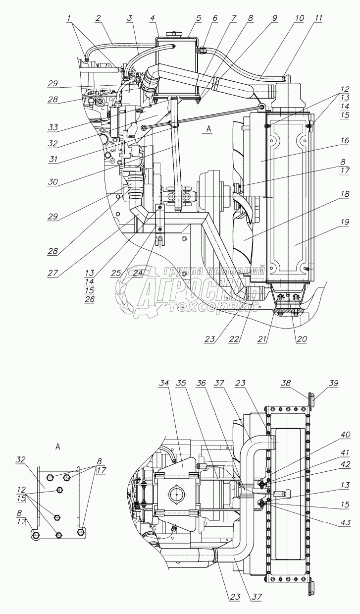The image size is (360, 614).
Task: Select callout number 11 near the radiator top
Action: click(x=318, y=18)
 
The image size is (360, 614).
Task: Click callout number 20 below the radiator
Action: click(x=302, y=339)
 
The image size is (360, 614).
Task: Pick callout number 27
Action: click(x=52, y=273)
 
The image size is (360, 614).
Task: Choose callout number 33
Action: click(x=52, y=127)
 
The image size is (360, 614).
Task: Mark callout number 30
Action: click(x=52, y=182)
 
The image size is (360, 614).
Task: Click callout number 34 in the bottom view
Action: click(x=164, y=383)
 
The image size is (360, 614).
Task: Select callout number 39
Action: click(x=334, y=383)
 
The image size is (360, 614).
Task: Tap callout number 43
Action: click(x=345, y=522)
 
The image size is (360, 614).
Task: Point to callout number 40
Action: click(x=345, y=435)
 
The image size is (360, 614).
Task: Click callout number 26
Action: click(x=89, y=299)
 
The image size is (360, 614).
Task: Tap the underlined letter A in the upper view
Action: click(x=209, y=129)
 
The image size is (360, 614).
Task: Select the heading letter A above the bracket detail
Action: click(x=57, y=447)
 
